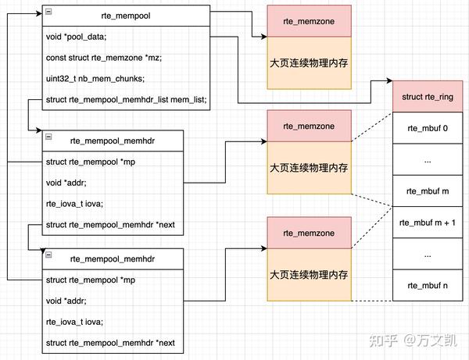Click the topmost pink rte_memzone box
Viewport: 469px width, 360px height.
(308, 23)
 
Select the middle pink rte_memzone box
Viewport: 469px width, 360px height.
(308, 127)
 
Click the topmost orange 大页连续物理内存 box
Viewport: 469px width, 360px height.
(308, 62)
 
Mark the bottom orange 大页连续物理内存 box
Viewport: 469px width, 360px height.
(308, 275)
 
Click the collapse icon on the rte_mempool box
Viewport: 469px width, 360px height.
(48, 12)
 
